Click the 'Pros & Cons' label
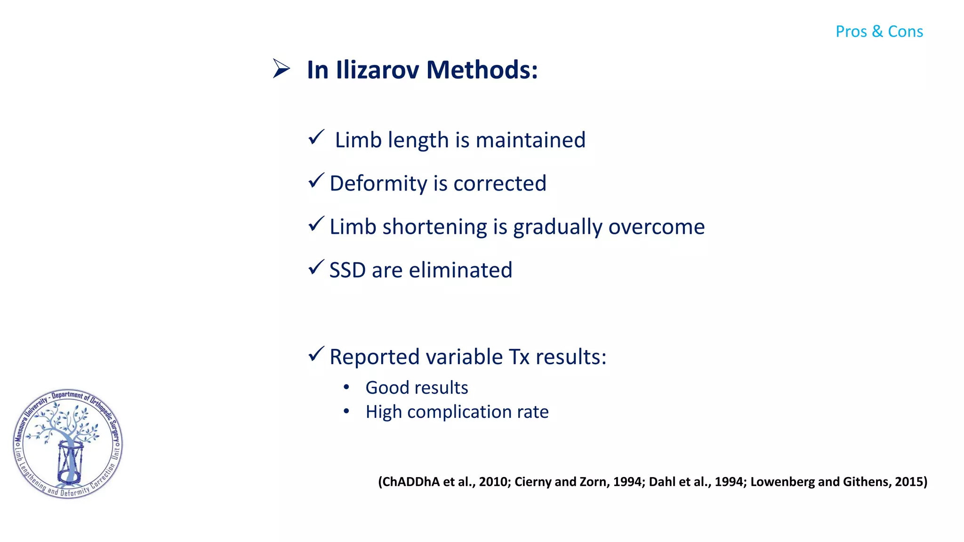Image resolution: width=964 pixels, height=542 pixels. coord(879,32)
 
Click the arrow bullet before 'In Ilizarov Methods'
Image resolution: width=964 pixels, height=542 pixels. coord(281,69)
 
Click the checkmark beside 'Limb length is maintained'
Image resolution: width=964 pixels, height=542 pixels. coord(316,137)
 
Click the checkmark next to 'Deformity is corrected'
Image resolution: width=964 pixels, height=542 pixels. coord(316,181)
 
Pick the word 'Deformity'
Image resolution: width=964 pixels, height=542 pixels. coord(378,184)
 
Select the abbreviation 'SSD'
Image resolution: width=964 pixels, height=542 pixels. coord(347,271)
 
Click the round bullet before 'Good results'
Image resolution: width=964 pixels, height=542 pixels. coord(346,387)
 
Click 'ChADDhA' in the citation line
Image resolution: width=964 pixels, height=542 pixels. coord(410,482)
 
